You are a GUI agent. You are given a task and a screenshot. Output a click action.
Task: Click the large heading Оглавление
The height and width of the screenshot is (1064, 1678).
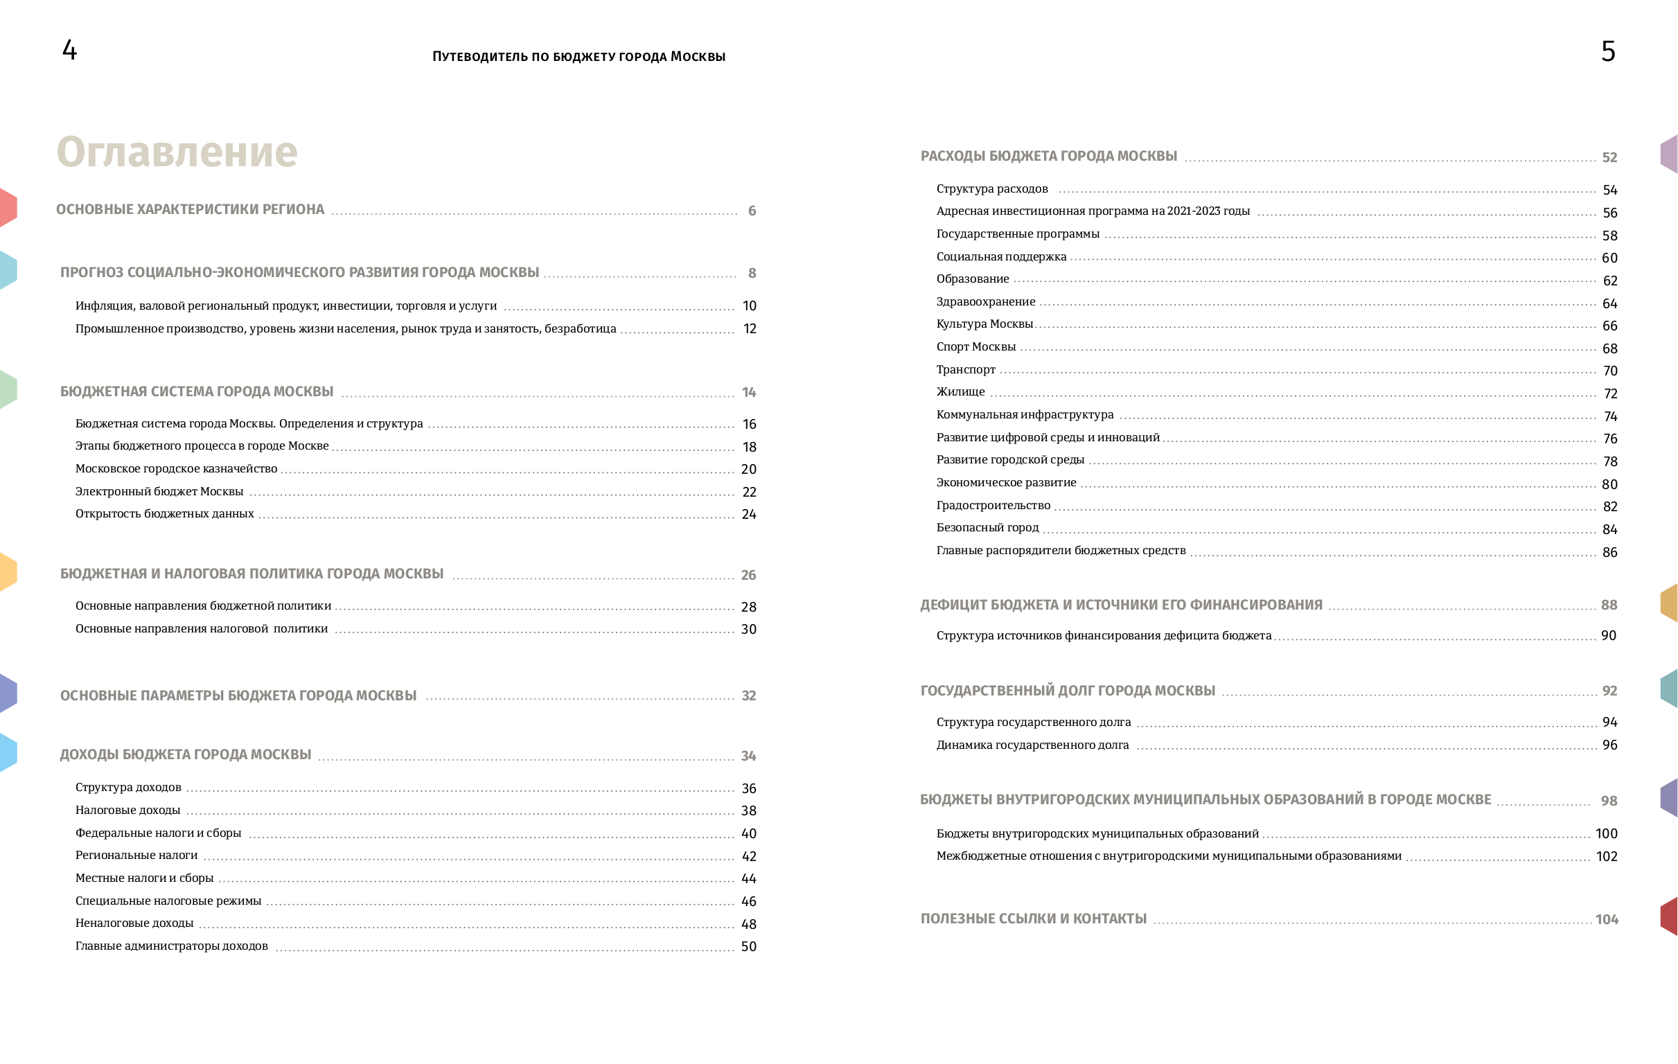(177, 152)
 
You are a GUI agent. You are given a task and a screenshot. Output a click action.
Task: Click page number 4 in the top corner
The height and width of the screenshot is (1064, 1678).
(70, 50)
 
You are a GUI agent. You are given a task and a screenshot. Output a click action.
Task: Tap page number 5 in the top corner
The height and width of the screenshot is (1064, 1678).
(1607, 51)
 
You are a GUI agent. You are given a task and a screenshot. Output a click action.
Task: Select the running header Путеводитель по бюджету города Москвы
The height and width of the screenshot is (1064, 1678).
(579, 56)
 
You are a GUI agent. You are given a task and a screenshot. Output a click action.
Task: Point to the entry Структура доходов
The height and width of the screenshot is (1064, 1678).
(128, 788)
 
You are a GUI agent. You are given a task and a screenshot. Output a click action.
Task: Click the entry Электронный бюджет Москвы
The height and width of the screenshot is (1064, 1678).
(159, 491)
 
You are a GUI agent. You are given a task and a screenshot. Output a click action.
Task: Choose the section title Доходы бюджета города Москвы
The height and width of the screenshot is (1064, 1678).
(186, 754)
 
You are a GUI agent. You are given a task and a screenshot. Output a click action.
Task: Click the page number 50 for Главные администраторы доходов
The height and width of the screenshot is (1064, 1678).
(748, 946)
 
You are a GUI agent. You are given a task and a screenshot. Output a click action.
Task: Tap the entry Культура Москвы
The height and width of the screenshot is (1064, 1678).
(984, 324)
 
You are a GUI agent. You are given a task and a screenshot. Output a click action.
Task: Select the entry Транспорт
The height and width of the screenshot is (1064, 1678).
(966, 369)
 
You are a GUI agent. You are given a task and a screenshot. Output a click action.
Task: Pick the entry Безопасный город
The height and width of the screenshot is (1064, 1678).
(987, 527)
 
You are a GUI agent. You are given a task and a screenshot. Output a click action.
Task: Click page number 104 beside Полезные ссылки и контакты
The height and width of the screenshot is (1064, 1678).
(1607, 920)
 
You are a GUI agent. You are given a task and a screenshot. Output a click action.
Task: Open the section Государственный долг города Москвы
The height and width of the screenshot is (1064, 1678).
(1068, 691)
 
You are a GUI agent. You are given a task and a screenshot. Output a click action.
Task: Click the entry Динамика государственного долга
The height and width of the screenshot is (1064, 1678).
(1032, 745)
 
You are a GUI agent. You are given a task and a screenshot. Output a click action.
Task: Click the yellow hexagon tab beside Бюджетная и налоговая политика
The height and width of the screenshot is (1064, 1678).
(8, 572)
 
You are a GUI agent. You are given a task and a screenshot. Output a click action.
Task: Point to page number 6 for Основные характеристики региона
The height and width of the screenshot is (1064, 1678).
(752, 211)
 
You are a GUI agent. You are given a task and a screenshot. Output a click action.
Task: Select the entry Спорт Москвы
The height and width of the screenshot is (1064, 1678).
(975, 346)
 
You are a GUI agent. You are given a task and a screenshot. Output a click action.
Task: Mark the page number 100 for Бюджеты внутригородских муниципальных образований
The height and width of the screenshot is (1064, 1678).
(1606, 833)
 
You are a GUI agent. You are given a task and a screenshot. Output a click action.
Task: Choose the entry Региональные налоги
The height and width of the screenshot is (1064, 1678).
(136, 855)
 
